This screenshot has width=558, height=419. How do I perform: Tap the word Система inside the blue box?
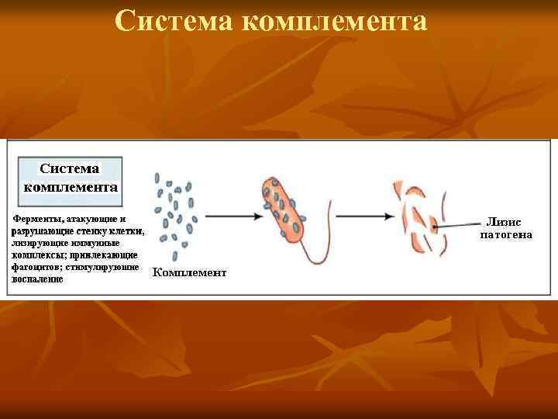pos(70,168)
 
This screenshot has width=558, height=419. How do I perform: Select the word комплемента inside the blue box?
pos(71,186)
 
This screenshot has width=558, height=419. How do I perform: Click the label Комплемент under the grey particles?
pos(189,272)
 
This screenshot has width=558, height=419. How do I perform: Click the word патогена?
pos(506,234)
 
